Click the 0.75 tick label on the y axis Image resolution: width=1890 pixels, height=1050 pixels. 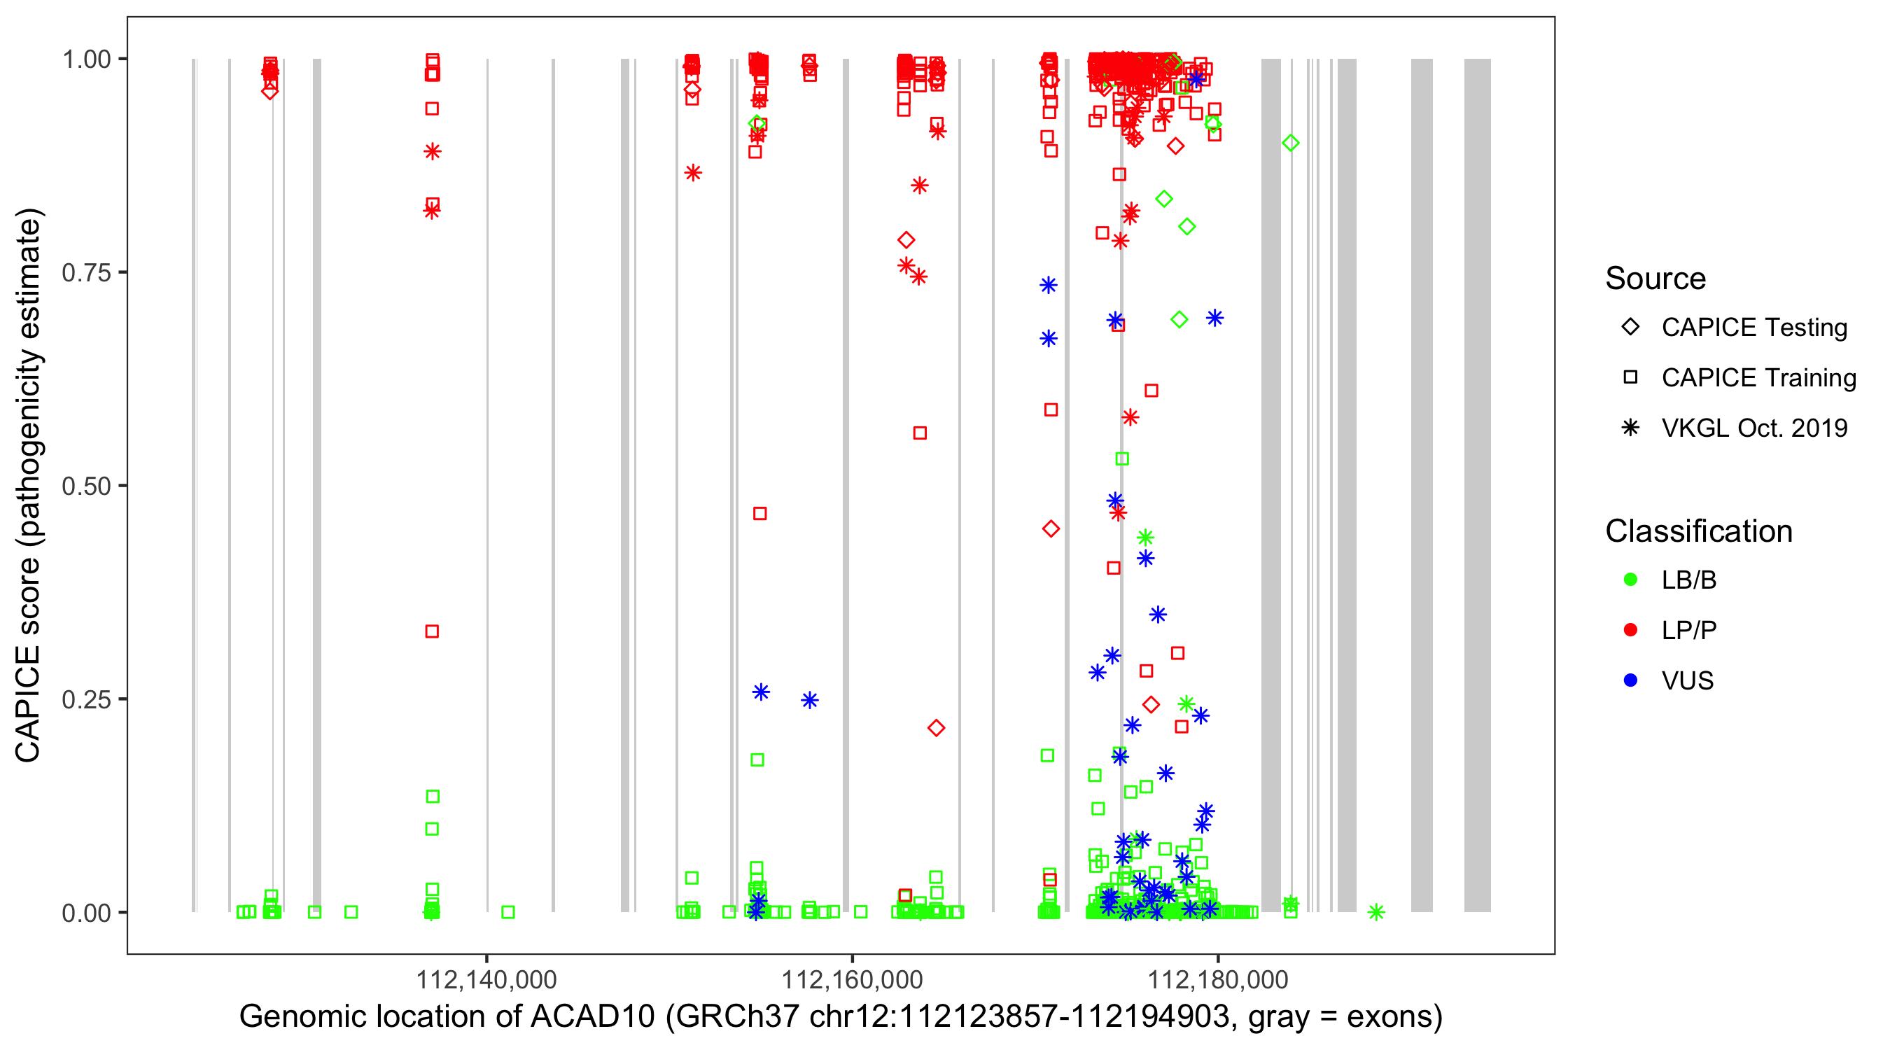[x=85, y=273]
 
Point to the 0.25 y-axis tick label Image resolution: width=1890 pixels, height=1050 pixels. [x=85, y=699]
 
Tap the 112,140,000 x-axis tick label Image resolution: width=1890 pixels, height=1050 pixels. [x=486, y=979]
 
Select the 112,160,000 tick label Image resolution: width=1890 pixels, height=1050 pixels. [x=852, y=979]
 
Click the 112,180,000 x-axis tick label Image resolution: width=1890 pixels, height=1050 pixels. [x=1217, y=979]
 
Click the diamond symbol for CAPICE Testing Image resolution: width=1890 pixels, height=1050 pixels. [x=1630, y=328]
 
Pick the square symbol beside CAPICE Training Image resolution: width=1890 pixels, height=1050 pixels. [x=1630, y=377]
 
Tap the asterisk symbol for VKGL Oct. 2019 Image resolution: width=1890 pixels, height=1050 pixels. [x=1630, y=428]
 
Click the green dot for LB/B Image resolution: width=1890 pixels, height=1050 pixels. [x=1630, y=580]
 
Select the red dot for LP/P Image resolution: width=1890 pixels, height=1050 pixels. [x=1630, y=630]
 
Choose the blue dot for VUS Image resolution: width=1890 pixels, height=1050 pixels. [x=1630, y=680]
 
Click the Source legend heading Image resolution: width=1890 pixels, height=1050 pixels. [x=1655, y=279]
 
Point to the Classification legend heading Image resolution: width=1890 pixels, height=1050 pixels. [x=1698, y=531]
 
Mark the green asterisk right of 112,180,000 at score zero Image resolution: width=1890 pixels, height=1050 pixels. [x=1376, y=912]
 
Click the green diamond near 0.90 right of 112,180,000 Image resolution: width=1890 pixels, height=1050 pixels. [x=1291, y=143]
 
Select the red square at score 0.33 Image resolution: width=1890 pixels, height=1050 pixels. [x=432, y=632]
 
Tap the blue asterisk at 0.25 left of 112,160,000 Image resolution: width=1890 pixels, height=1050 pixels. [x=809, y=701]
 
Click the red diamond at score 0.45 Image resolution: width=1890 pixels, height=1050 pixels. [x=1051, y=529]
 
